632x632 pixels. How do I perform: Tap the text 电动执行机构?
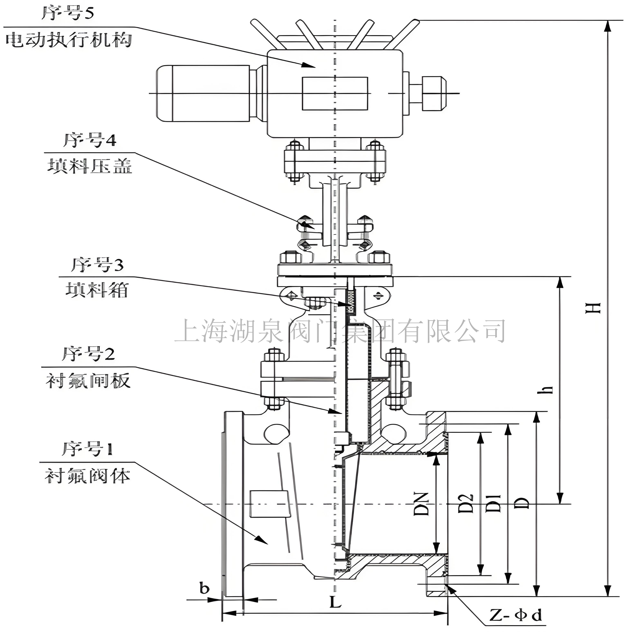pos(69,40)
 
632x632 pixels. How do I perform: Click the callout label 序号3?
pos(97,265)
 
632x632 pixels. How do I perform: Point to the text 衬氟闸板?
pos(88,381)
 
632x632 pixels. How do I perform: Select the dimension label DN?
pos(421,504)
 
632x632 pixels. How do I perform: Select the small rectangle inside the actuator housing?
pos(335,94)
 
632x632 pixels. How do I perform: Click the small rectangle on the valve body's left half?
pos(270,504)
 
